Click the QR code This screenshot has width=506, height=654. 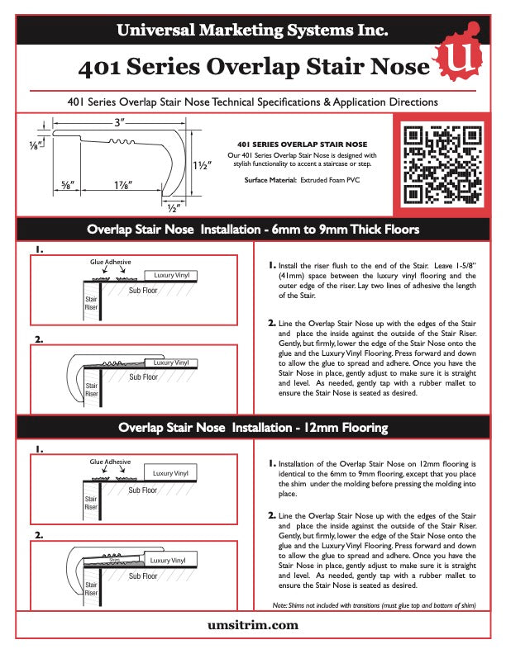pos(440,162)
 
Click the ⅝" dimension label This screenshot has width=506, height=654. pos(69,186)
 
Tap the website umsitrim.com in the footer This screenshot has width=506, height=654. pos(253,626)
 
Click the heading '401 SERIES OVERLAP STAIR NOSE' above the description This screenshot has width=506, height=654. pos(302,144)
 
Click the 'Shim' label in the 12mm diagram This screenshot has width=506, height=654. pos(115,559)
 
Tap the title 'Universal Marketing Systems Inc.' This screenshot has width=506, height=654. pos(252,31)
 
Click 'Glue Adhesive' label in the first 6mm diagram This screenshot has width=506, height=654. pos(111,262)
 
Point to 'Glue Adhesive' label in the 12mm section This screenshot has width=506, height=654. pos(111,462)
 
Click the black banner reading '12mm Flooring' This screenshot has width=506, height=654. pos(253,428)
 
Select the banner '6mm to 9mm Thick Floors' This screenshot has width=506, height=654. pos(253,229)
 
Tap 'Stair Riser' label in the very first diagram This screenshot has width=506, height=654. pos(91,302)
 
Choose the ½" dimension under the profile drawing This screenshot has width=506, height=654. pos(172,199)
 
